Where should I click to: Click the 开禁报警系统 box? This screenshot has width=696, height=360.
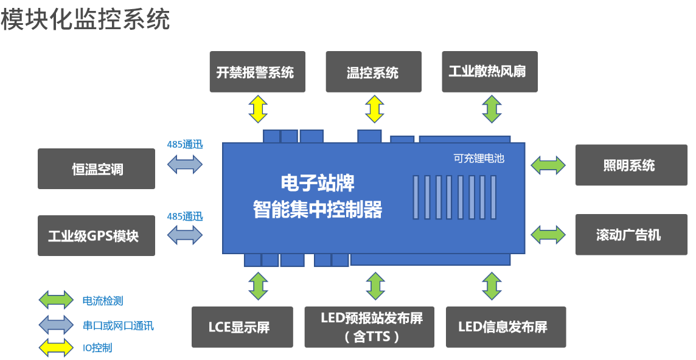tap(257, 72)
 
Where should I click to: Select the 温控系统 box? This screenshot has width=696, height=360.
tap(373, 72)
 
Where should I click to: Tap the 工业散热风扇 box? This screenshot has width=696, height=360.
tap(489, 72)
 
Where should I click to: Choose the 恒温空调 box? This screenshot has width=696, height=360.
tap(96, 168)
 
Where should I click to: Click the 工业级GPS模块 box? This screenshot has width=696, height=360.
tap(96, 235)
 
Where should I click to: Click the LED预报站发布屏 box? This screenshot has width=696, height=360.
tap(369, 327)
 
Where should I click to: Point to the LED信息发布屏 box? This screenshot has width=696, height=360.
tap(506, 327)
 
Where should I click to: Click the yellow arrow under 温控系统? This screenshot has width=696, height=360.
tap(374, 109)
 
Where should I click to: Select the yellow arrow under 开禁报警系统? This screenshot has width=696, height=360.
tap(258, 109)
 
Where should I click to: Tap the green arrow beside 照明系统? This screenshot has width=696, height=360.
tap(548, 165)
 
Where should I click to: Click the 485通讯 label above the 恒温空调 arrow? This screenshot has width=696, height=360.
tap(184, 145)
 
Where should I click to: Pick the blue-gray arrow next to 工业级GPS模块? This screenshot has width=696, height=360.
tap(184, 235)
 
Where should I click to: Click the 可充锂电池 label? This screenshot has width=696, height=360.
tap(479, 158)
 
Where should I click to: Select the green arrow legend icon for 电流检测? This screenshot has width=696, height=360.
tap(55, 300)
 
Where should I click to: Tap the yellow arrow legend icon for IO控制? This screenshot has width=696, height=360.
tap(55, 348)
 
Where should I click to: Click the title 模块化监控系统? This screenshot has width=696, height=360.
tap(85, 19)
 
